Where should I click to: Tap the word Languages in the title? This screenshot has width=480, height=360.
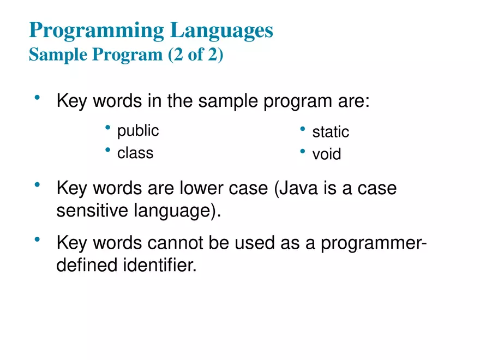(x=221, y=31)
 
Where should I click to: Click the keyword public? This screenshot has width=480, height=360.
(x=138, y=131)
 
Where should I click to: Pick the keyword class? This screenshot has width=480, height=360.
(x=135, y=153)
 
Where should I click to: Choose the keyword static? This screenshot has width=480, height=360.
(x=331, y=132)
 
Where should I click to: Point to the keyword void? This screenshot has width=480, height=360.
(x=327, y=154)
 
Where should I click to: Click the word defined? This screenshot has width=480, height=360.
(x=86, y=266)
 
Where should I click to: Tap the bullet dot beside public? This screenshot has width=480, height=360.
(x=108, y=128)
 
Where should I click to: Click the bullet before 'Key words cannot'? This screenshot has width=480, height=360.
(x=37, y=240)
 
